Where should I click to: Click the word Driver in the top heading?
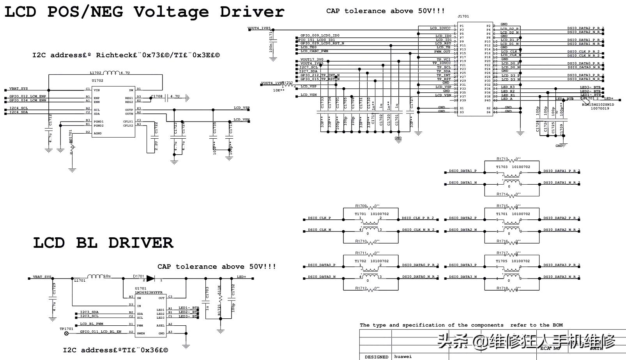pos(252,12)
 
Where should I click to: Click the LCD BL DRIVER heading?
pos(103,243)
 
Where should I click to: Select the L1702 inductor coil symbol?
pos(111,72)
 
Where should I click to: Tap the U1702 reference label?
pos(97,81)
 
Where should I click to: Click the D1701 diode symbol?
pos(150,279)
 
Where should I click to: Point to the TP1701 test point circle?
pos(66,334)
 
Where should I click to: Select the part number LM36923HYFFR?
pos(149,293)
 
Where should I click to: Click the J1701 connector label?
pos(463,16)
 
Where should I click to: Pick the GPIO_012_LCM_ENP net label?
pos(28,96)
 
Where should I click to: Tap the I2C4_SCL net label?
pos(19,108)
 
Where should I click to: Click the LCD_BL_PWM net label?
pos(92,324)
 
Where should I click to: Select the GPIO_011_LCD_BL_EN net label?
pos(101,332)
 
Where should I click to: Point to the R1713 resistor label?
pos(502,159)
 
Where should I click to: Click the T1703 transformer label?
pos(502,167)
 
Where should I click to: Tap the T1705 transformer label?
pos(502,261)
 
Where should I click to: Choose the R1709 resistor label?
pos(361,206)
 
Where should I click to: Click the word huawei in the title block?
pos(403,356)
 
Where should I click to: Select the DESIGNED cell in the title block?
pos(376,357)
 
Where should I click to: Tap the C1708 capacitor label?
pos(157,96)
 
